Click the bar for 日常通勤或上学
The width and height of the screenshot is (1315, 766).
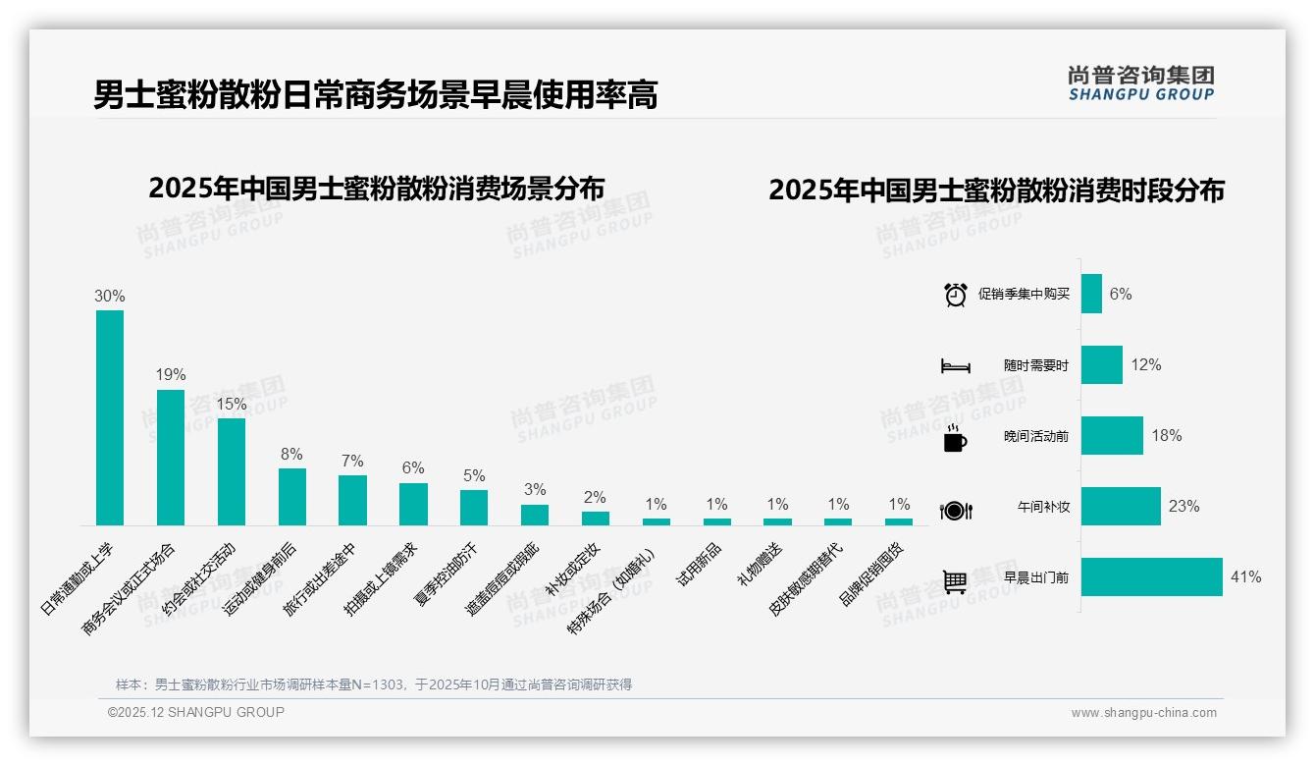[110, 417]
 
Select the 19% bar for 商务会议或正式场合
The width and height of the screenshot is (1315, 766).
[171, 458]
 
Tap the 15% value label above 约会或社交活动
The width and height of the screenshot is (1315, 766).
[232, 404]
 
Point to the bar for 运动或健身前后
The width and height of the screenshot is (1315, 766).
[292, 497]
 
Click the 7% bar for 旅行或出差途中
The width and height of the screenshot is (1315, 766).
[352, 500]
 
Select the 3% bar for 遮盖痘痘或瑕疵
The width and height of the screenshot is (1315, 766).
[535, 515]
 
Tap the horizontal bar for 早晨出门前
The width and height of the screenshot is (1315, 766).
[1151, 577]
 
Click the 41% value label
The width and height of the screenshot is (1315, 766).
[1245, 577]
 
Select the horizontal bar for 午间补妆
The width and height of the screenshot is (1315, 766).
[1121, 507]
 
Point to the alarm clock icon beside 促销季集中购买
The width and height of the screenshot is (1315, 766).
[955, 295]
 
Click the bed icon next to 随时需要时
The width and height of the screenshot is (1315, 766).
[955, 365]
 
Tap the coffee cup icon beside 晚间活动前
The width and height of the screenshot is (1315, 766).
[955, 438]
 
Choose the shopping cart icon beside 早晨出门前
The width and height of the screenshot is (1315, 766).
[955, 581]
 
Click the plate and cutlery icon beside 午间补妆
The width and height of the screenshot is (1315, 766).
[955, 510]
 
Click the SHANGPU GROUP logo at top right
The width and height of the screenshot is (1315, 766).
[1140, 83]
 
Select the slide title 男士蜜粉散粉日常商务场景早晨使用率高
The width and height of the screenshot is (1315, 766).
[375, 95]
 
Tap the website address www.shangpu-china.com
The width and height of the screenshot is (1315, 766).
[1143, 713]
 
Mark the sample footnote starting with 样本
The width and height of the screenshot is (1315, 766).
[374, 684]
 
